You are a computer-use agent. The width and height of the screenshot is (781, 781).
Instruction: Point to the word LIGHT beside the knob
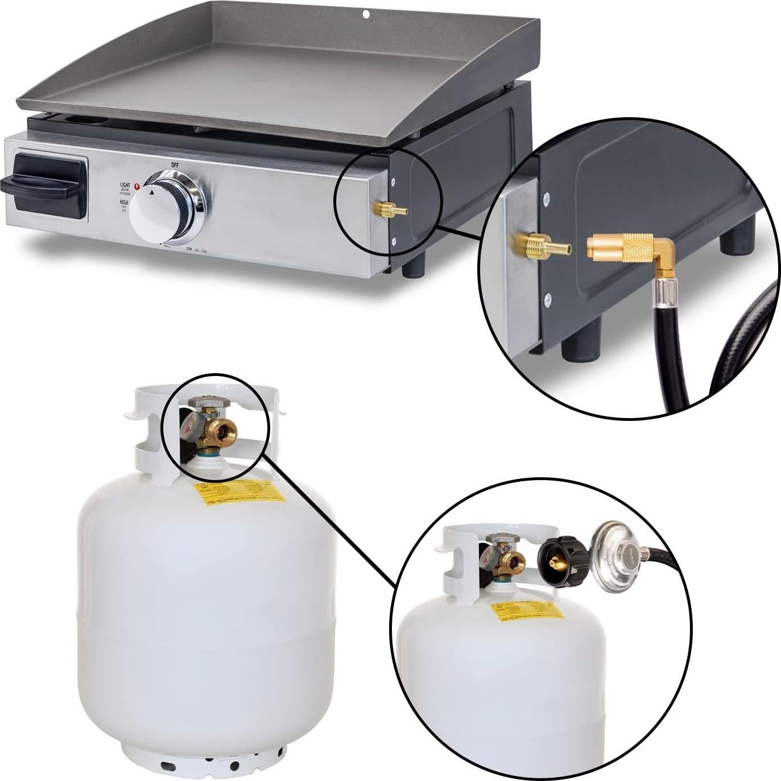(125, 185)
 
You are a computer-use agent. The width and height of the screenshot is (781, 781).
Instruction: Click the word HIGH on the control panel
(123, 202)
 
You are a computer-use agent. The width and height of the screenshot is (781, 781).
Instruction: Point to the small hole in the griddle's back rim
(367, 14)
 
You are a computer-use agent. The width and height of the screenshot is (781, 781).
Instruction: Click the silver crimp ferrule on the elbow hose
(664, 292)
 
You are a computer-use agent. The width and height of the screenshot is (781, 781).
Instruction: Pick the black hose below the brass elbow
(671, 353)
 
